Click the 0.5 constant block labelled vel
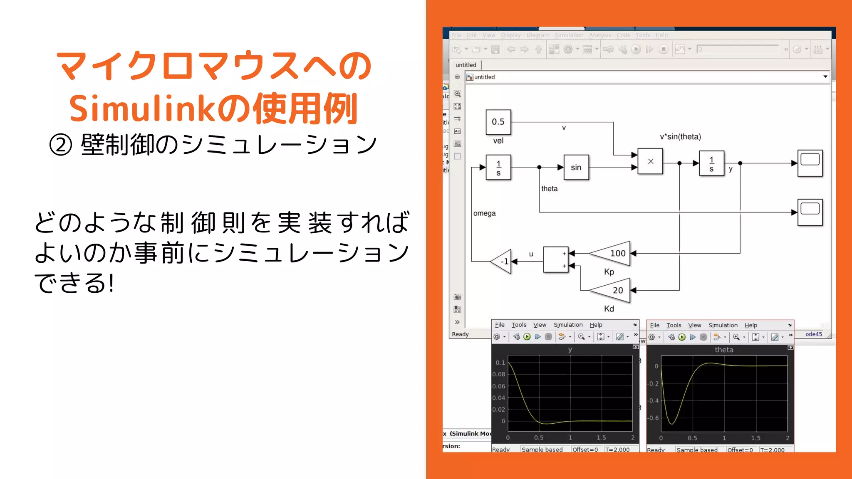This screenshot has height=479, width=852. point(498,122)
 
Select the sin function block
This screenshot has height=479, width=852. point(576,167)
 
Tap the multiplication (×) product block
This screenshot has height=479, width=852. point(650,161)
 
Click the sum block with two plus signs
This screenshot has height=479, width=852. point(555,260)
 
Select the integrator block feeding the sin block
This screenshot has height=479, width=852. point(498,167)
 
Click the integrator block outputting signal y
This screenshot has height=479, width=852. point(711,163)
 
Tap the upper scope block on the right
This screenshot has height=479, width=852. point(810,163)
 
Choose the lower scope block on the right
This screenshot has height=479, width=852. point(810,212)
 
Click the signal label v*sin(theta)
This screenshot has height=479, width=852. point(680,137)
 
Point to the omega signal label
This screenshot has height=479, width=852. point(484,213)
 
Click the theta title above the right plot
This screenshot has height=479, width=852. point(724,350)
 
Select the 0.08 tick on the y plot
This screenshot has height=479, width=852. point(498,374)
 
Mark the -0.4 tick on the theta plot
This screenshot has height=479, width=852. point(653,400)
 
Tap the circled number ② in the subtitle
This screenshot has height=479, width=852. point(61,145)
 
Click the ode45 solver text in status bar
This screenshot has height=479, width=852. point(813,334)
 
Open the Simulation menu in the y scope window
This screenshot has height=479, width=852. point(568,325)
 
